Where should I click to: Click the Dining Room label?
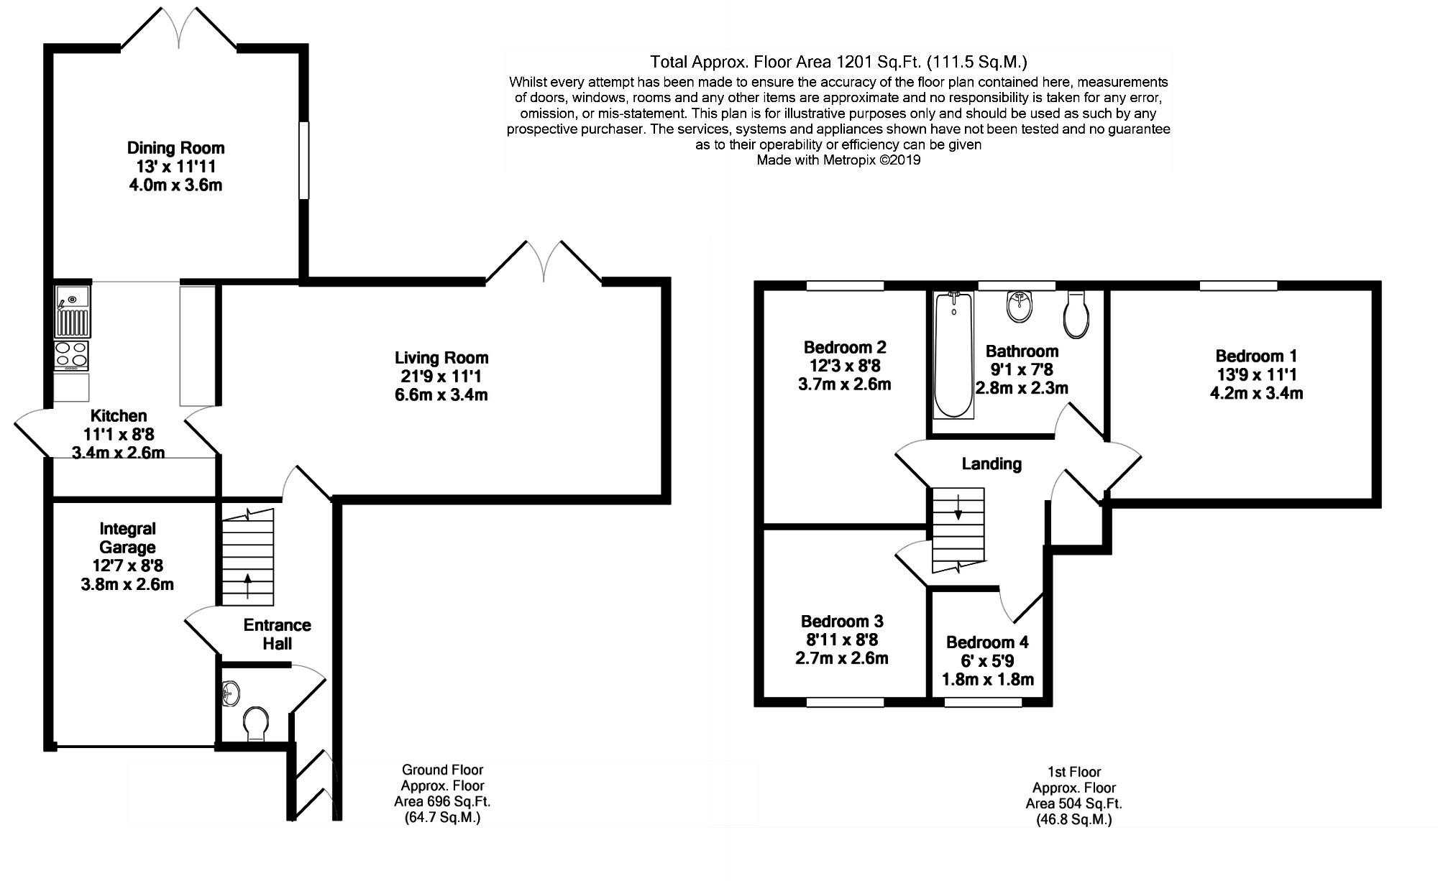[x=175, y=148]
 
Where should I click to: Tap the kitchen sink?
[x=72, y=311]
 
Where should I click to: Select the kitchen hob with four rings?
[x=72, y=356]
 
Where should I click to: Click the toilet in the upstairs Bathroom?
[x=1076, y=314]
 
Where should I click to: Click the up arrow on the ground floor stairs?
[x=249, y=586]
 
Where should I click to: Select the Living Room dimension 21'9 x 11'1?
[x=441, y=377]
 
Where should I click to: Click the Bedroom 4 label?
[x=987, y=642]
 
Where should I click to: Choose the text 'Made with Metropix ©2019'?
[x=838, y=161]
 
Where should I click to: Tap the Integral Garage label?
[x=127, y=538]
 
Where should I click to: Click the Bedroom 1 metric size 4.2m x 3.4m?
[x=1257, y=393]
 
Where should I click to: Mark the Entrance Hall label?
[x=277, y=635]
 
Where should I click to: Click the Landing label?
[x=992, y=464]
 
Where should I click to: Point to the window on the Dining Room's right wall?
[x=304, y=160]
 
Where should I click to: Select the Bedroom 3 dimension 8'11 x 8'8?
[x=842, y=640]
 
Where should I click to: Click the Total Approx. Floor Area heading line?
[x=838, y=62]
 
